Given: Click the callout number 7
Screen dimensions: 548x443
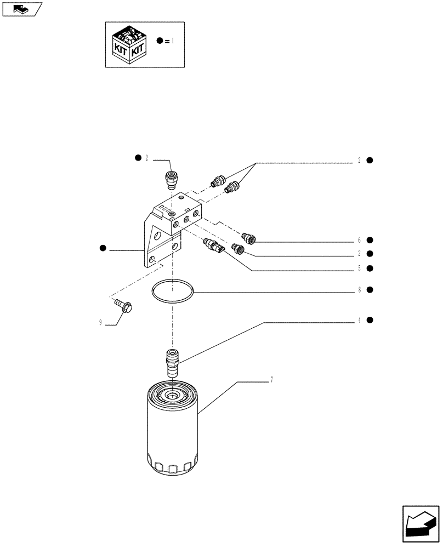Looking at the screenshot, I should (271, 380).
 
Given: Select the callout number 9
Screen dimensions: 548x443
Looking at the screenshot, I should (101, 323).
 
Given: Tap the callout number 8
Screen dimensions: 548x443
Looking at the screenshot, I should (359, 290).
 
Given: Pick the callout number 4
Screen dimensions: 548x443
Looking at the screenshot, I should (359, 320).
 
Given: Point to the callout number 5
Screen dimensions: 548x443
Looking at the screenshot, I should (359, 269).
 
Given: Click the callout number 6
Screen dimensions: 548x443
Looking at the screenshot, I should (359, 240).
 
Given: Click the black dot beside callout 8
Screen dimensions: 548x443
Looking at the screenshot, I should (370, 290).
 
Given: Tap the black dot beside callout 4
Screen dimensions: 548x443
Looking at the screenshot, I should (370, 320).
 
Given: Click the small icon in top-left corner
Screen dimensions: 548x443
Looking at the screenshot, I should (21, 9).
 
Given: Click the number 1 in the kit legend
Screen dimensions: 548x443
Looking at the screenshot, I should (173, 41).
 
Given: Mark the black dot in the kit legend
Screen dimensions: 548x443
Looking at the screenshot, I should (159, 41).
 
